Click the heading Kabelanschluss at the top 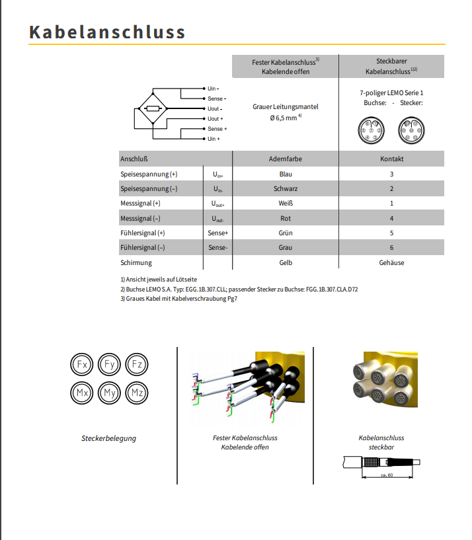click(107, 32)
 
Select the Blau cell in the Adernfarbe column click(286, 174)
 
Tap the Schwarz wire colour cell click(286, 188)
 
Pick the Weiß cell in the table click(286, 204)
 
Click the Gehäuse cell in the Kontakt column click(391, 262)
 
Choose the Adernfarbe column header click(286, 159)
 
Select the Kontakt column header click(391, 159)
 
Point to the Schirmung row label click(136, 262)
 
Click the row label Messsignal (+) click(140, 204)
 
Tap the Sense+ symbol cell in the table click(217, 233)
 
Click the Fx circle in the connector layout click(83, 365)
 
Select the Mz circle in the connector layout click(137, 393)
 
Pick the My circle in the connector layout click(110, 393)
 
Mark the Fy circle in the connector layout click(110, 365)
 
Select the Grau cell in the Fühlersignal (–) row click(286, 248)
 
